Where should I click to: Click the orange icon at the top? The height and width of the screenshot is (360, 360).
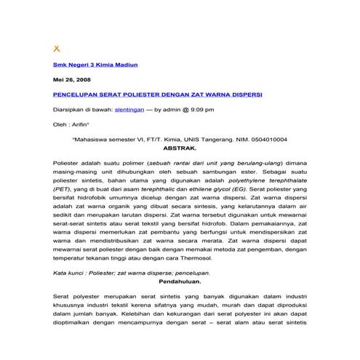coord(57,49)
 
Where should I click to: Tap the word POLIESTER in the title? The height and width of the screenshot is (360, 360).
coord(148,95)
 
